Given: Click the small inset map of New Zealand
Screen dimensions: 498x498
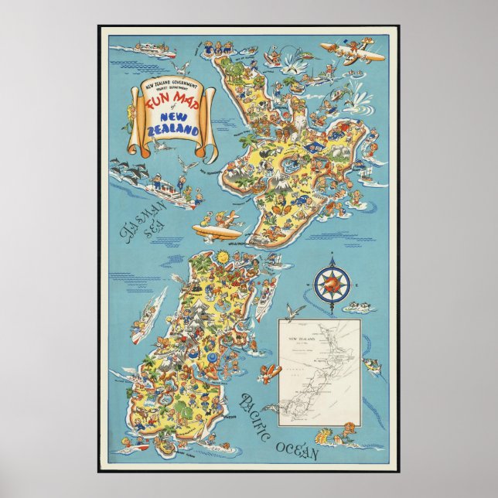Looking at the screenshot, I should (x=319, y=371).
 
